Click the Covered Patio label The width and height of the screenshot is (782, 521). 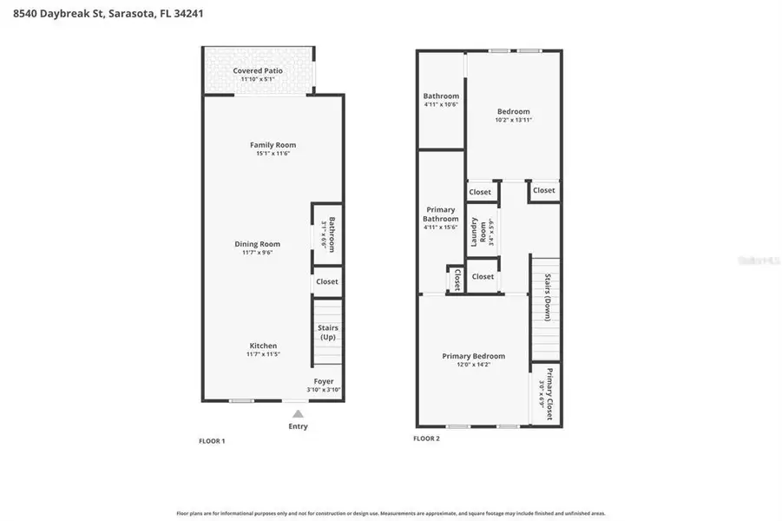click(x=257, y=70)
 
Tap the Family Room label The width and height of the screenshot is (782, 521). click(x=273, y=145)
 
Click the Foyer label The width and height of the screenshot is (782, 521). click(x=323, y=381)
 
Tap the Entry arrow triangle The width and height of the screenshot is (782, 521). click(x=297, y=413)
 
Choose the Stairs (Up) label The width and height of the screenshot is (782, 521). click(x=328, y=333)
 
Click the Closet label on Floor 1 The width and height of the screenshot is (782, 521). click(x=327, y=282)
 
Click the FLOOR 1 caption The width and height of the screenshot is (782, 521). click(x=212, y=441)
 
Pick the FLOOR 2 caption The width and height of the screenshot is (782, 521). click(x=426, y=439)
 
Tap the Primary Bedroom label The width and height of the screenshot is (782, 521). click(x=473, y=356)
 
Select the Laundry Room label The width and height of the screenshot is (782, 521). click(x=476, y=232)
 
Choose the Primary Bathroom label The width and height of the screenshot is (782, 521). click(x=441, y=214)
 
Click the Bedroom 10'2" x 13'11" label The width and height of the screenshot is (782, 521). click(x=513, y=111)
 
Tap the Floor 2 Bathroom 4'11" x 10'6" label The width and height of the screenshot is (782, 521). click(x=441, y=96)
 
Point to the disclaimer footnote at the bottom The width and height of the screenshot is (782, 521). click(x=391, y=513)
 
